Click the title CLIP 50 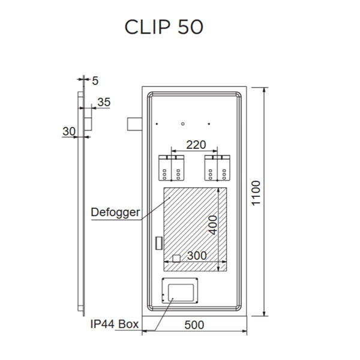164,27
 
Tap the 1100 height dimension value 256,193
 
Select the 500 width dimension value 194,325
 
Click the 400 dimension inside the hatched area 212,224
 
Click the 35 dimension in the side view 103,103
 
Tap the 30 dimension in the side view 69,131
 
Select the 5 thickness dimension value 95,79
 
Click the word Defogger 115,212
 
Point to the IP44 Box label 114,325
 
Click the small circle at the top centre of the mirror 183,124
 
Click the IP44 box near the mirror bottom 180,292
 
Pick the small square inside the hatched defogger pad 176,259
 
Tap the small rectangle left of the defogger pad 158,242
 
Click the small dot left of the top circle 157,124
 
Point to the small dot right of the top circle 209,124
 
